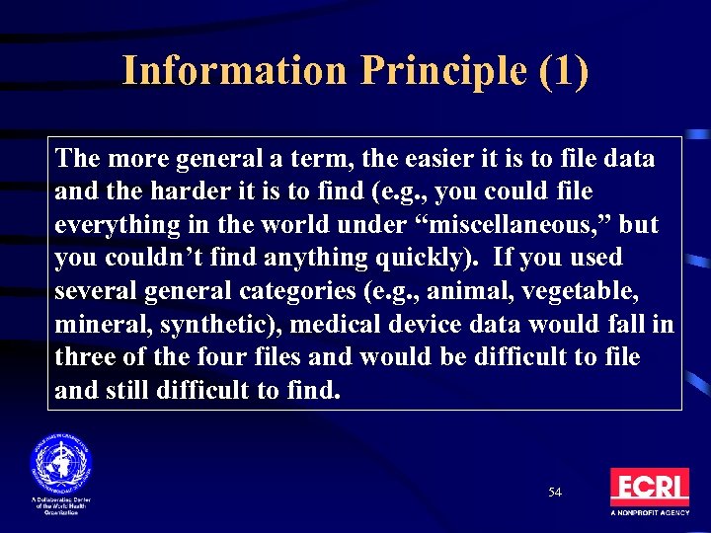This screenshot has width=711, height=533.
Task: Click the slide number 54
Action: [555, 492]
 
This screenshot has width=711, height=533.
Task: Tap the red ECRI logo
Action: [649, 488]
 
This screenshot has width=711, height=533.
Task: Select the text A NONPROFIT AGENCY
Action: [650, 513]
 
